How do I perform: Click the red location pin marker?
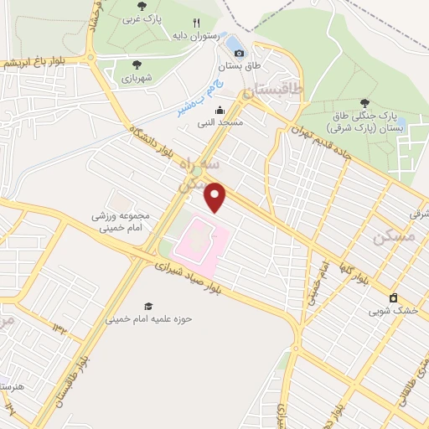point(216,198)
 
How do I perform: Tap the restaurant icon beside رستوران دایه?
point(196,23)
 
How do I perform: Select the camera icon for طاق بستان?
point(240,53)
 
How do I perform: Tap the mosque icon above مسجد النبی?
point(220,110)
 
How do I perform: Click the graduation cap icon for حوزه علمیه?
point(148,307)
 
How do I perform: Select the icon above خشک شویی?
point(392,297)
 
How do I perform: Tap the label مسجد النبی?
point(220,123)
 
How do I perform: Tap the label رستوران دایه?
point(195,37)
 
